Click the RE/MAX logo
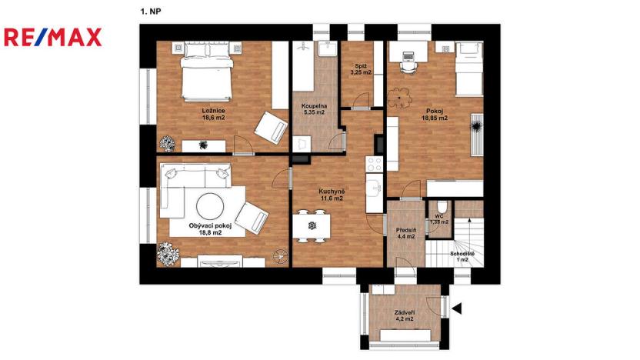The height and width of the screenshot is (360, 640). pos(52,36)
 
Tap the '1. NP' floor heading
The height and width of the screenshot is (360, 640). pos(150,12)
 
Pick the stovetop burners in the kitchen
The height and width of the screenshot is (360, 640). pos(374,164)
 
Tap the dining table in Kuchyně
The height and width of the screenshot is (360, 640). pos(312,225)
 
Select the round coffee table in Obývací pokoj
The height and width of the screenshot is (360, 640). pos(210,206)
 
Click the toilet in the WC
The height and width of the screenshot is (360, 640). pos(441,208)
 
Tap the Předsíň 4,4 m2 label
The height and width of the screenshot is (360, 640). pos(405,232)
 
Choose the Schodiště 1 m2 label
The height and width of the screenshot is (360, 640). pos(462,256)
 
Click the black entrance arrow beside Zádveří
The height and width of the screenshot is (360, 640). pos(456,308)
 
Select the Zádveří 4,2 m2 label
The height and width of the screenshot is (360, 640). pos(403,315)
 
